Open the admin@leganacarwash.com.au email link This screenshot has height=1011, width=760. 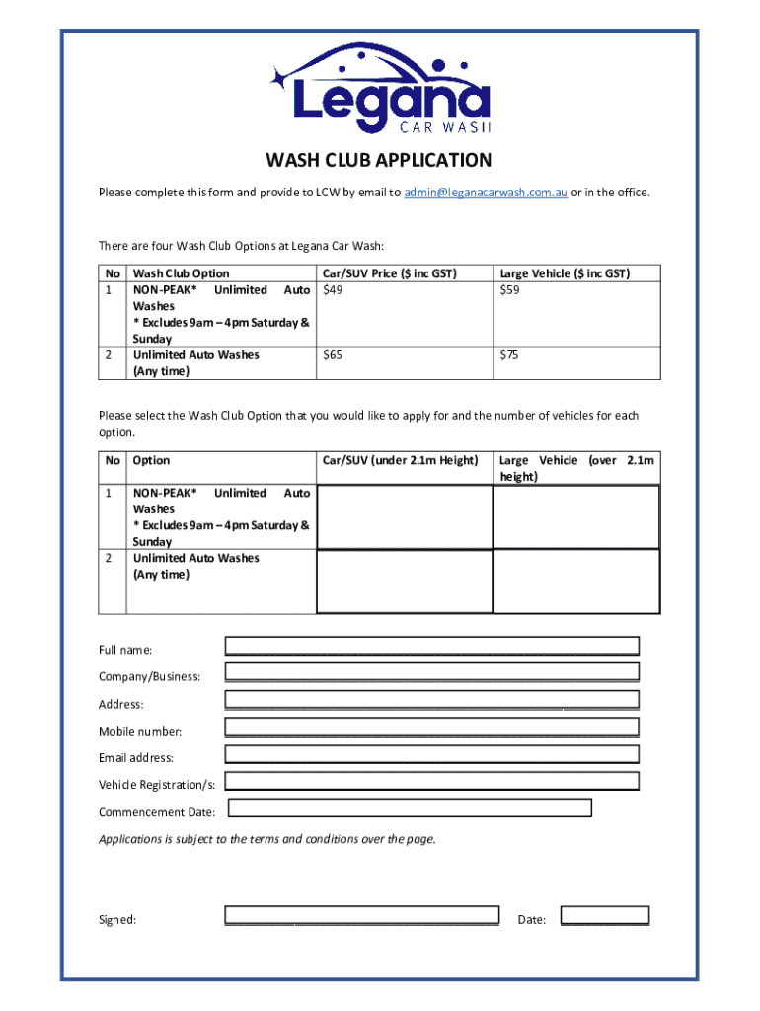click(485, 193)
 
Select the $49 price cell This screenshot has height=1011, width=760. click(334, 290)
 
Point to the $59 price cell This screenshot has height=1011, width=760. click(510, 290)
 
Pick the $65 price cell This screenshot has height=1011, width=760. click(334, 355)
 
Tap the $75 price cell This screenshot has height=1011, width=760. click(510, 355)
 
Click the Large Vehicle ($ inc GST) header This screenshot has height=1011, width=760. click(566, 273)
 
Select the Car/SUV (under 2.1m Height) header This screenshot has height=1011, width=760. click(401, 460)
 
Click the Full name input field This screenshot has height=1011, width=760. click(432, 647)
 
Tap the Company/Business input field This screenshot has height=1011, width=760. click(432, 673)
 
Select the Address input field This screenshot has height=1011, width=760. click(432, 701)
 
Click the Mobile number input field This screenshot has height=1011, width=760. click(432, 728)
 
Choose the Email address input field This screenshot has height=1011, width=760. click(432, 754)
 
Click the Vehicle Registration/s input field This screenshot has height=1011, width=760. click(432, 781)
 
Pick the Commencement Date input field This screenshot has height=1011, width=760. click(410, 809)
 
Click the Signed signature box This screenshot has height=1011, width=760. click(361, 915)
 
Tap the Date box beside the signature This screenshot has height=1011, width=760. click(604, 915)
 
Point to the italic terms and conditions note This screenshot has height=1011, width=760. click(266, 840)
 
